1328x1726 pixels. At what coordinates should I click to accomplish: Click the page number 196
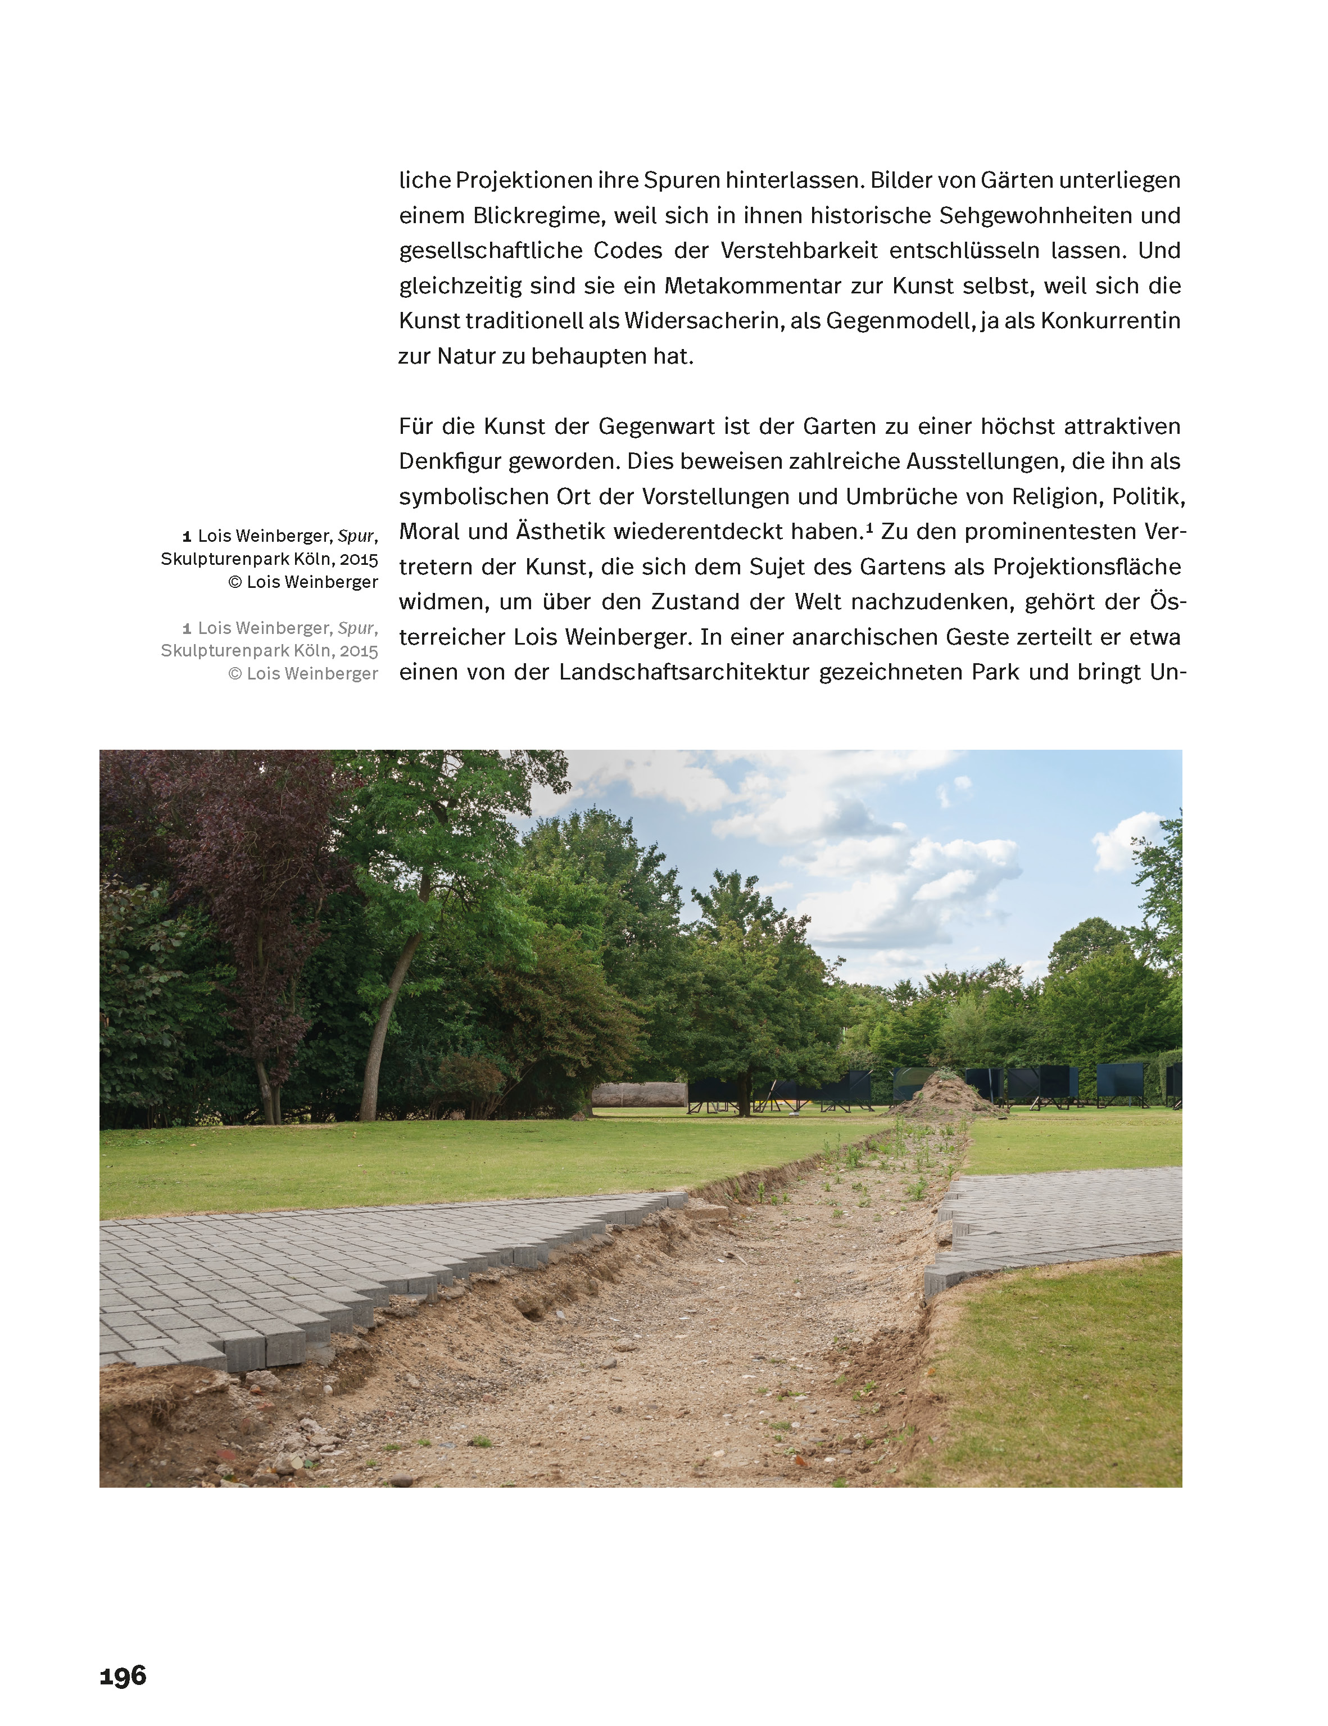[x=123, y=1675]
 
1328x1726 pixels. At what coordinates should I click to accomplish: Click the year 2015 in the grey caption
[x=359, y=651]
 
